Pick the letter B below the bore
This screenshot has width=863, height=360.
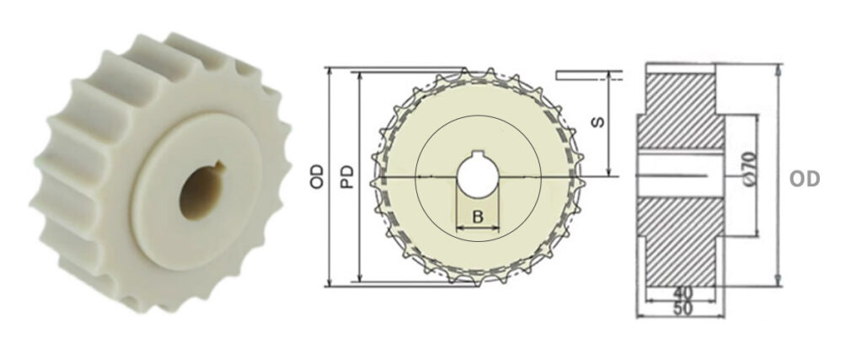point(477,216)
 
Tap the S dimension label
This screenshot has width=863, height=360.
point(597,121)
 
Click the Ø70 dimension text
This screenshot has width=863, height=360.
point(749,169)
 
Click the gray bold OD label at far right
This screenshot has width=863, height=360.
point(804,179)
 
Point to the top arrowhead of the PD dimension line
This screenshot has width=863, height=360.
point(360,76)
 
